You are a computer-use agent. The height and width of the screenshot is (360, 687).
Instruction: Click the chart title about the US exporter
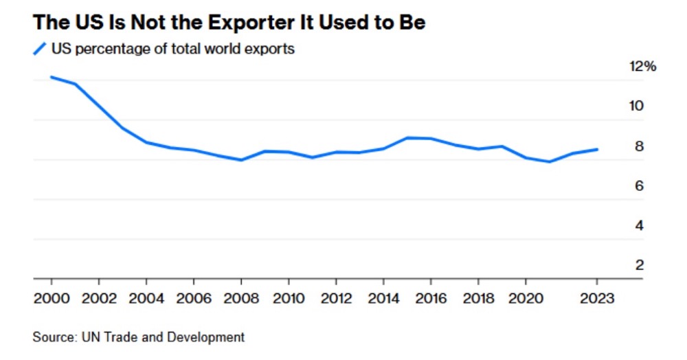point(229,22)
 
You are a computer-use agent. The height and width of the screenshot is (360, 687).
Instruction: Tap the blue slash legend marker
point(40,49)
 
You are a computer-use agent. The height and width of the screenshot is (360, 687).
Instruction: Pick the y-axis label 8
point(638,146)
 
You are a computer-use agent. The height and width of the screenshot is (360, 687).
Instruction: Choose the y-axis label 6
point(638,185)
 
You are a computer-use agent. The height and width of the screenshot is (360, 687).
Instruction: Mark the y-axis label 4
point(638,225)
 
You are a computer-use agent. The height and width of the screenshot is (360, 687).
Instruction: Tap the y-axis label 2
point(638,265)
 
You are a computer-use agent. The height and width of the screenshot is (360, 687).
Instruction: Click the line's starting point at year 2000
point(52,77)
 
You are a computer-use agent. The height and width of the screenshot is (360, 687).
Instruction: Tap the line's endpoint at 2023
point(596,149)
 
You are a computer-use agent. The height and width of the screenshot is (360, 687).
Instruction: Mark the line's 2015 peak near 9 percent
point(407,137)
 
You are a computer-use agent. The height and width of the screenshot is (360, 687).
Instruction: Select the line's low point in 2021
point(549,161)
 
